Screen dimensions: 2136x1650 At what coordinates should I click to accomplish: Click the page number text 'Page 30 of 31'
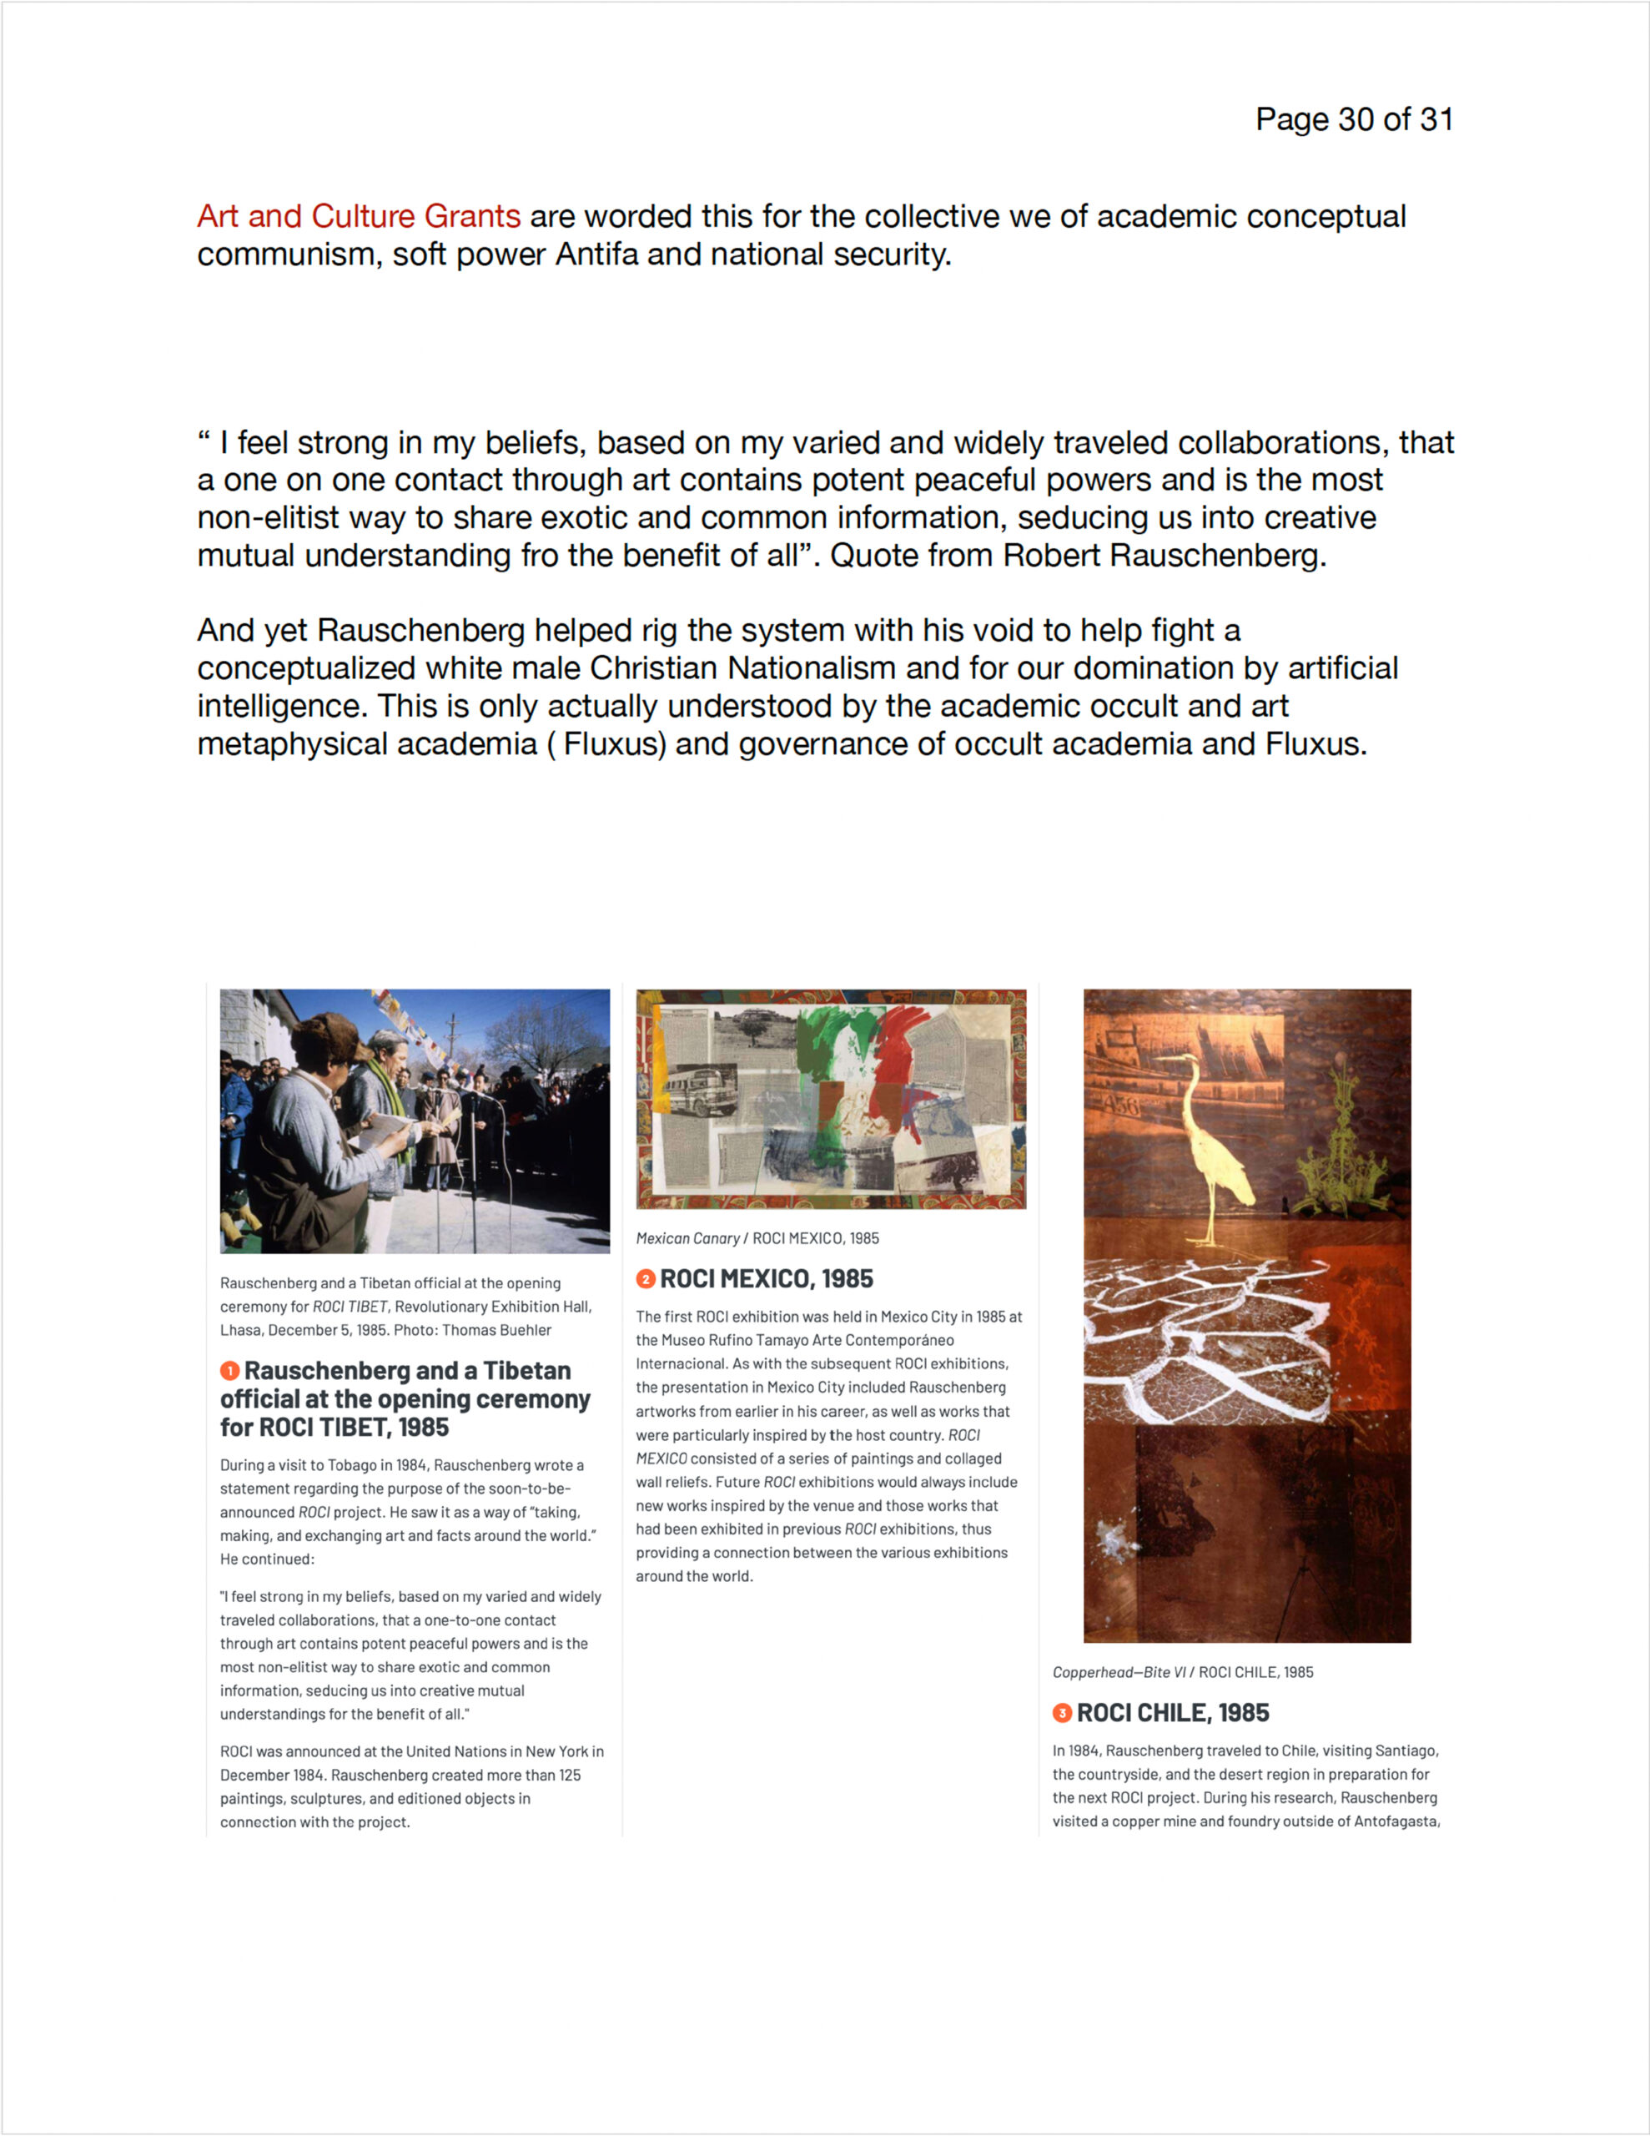click(1354, 119)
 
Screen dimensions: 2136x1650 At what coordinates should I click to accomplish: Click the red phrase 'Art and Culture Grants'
click(358, 216)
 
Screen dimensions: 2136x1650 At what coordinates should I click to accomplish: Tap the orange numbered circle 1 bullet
click(230, 1371)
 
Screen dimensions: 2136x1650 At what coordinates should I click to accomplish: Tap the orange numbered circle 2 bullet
click(646, 1278)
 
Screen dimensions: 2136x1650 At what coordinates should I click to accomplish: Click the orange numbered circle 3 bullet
click(1062, 1712)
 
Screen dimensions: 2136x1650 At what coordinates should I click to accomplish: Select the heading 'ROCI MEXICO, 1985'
click(767, 1278)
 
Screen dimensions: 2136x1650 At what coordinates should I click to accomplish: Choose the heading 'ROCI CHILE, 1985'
click(1173, 1712)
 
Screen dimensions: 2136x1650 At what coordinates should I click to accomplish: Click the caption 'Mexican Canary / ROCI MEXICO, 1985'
click(757, 1238)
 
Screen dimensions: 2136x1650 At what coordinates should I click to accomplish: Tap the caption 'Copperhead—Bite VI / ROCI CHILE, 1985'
click(1183, 1672)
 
